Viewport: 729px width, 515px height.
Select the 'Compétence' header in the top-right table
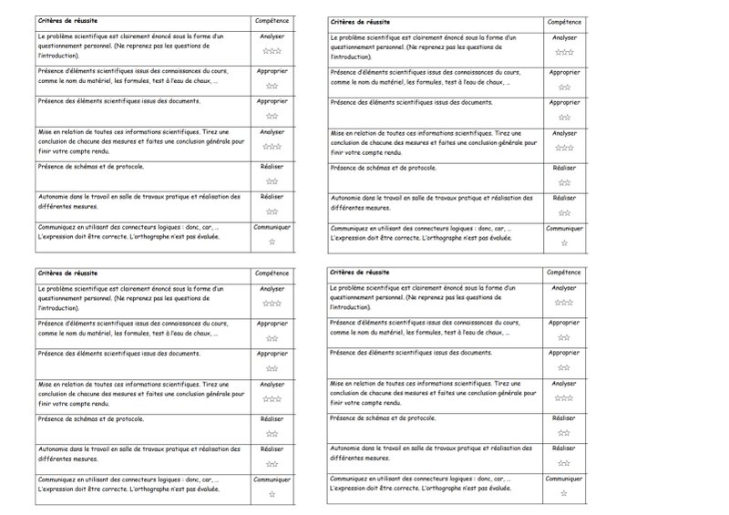(x=563, y=20)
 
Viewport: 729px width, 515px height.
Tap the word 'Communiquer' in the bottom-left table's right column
(x=272, y=479)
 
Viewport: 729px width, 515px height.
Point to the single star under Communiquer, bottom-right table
(x=563, y=493)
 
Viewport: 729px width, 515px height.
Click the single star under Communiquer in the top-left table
(x=272, y=242)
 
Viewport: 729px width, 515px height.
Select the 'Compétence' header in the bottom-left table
(x=272, y=273)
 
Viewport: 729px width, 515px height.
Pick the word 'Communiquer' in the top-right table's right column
(x=563, y=228)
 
